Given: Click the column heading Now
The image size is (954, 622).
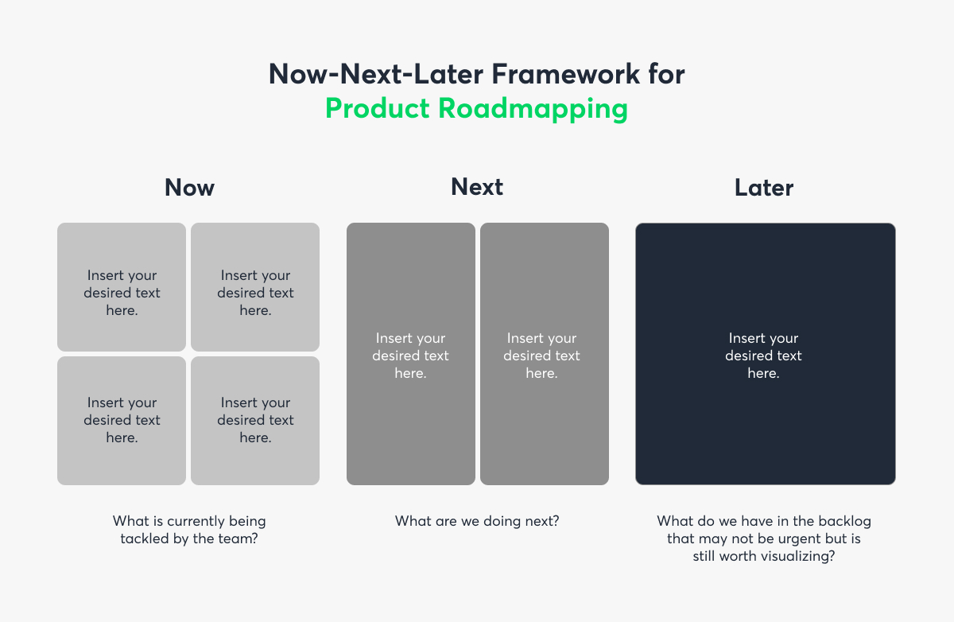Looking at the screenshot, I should tap(189, 188).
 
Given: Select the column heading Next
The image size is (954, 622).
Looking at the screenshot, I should tap(477, 187).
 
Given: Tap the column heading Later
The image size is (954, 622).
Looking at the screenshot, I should tap(764, 188).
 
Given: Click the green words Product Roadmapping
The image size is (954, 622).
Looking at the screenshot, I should tap(476, 108).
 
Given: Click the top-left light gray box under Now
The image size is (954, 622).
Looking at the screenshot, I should tap(122, 287).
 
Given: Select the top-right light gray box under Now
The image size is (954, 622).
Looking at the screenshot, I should tap(255, 287).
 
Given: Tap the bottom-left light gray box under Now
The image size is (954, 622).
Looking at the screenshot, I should tap(122, 421).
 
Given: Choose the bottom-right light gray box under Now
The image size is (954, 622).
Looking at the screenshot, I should tap(255, 421).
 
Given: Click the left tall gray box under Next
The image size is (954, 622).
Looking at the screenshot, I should tap(410, 354).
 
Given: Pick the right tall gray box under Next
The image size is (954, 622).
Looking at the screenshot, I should tap(544, 354).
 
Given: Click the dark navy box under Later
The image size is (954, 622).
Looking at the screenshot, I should tap(765, 354).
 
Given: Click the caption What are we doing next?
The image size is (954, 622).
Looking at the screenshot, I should tap(477, 522).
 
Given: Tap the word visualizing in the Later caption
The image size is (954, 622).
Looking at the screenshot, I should tap(797, 557).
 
